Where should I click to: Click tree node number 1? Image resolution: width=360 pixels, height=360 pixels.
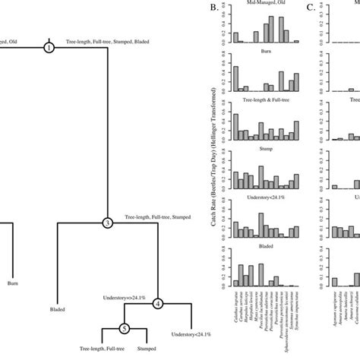tap(49, 48)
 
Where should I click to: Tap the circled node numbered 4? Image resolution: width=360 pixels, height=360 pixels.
tap(158, 303)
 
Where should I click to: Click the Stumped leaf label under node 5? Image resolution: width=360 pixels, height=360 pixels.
tap(147, 350)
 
